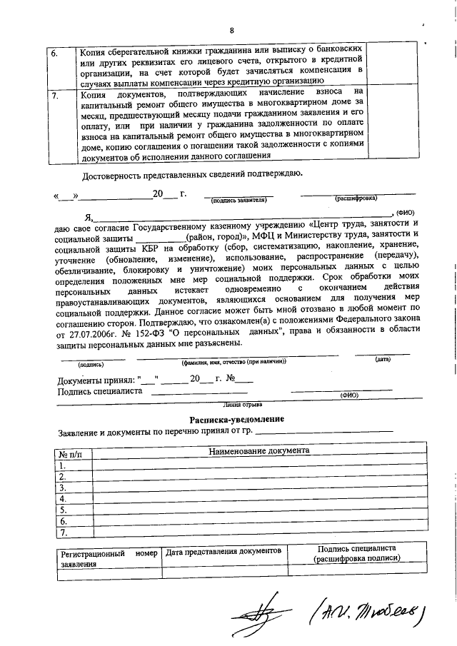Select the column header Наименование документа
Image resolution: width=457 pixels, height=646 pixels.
(258, 452)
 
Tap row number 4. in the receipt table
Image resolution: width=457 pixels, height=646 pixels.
(64, 499)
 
